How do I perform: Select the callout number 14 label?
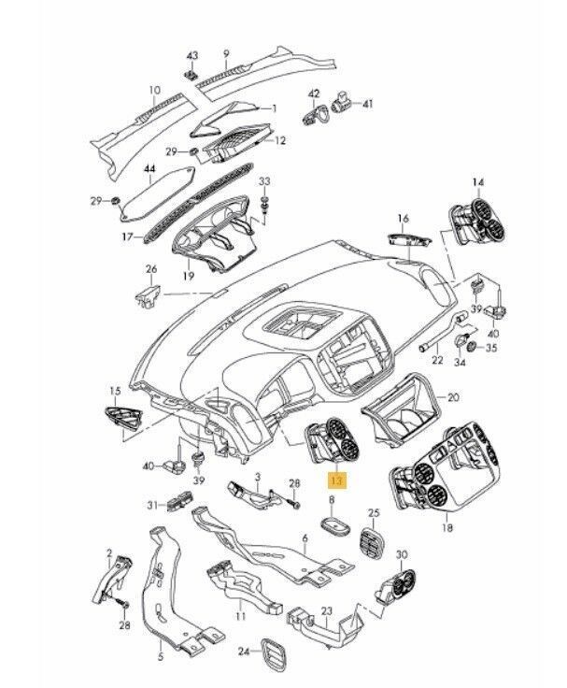[x=478, y=181]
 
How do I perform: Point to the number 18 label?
[x=447, y=527]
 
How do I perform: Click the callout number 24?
[x=243, y=651]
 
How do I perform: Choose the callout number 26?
[x=151, y=271]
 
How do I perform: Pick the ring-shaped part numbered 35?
[x=473, y=348]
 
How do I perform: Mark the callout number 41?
[x=368, y=103]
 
